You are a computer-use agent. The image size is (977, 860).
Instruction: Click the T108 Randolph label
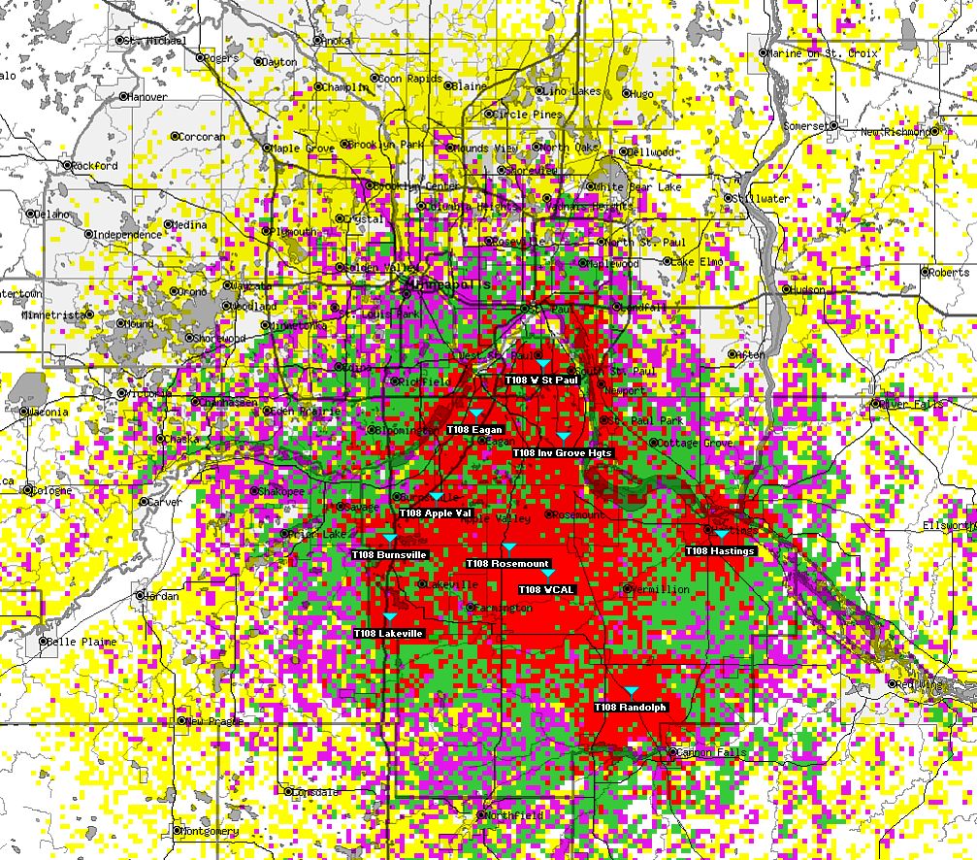630,708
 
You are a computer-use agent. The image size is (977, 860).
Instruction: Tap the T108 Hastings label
720,551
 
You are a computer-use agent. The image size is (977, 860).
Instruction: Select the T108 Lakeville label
389,634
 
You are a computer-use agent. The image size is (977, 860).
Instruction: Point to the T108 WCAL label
547,589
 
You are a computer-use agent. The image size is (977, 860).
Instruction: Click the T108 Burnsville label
389,554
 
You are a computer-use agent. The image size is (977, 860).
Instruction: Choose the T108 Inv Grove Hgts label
563,453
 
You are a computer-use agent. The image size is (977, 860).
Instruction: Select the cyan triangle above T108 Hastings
721,535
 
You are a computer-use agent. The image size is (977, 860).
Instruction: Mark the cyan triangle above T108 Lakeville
390,617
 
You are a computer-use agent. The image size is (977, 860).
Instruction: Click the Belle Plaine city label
83,643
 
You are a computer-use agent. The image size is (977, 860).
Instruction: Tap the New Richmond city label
896,131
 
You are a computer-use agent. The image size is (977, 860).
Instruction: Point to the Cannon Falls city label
709,752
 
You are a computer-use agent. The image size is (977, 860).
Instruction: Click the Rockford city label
95,166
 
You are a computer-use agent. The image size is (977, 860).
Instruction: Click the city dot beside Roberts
925,273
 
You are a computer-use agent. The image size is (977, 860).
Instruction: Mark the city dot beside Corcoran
175,137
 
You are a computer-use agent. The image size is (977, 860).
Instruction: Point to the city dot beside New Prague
182,722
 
